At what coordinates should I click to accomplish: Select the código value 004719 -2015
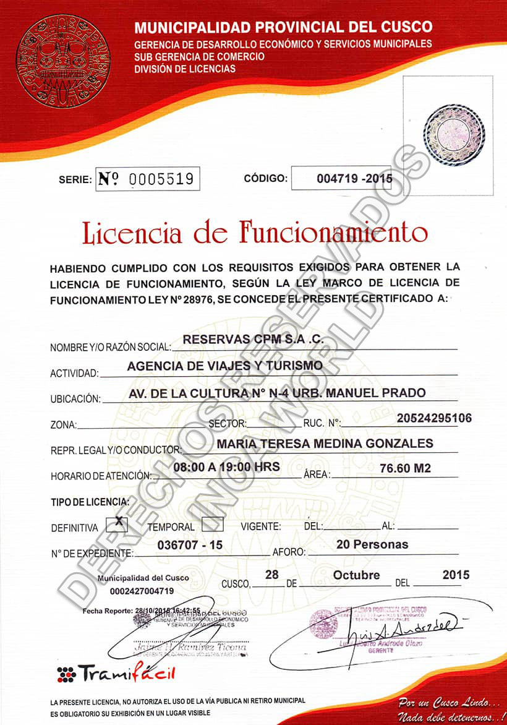(x=354, y=179)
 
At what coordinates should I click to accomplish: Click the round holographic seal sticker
(x=454, y=135)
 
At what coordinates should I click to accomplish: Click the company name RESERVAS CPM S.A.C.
(x=245, y=339)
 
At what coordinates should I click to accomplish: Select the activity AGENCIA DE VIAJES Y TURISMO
(x=224, y=366)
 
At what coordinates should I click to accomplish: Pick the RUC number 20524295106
(x=434, y=418)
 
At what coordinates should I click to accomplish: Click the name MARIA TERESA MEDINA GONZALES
(x=325, y=444)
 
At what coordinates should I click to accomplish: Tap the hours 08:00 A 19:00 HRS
(x=226, y=466)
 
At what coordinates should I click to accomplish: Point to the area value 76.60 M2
(x=405, y=468)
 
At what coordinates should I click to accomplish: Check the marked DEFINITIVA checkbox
(x=116, y=524)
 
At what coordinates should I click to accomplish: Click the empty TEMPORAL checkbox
(x=212, y=524)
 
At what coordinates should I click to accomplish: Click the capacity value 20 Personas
(x=372, y=544)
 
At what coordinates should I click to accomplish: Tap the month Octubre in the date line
(x=356, y=575)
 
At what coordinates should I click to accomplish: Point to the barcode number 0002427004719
(x=143, y=591)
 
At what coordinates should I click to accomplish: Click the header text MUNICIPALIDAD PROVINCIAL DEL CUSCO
(x=283, y=27)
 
